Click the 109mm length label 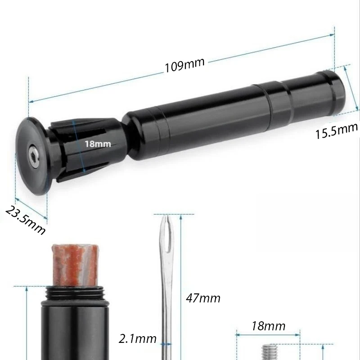coord(184,65)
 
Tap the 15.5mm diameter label coord(337,131)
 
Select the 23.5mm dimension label coord(25,220)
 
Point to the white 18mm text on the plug coord(98,144)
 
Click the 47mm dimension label coord(203,298)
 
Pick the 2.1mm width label coord(138,339)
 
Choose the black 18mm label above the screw coord(268,326)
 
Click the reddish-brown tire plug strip coord(75,265)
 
